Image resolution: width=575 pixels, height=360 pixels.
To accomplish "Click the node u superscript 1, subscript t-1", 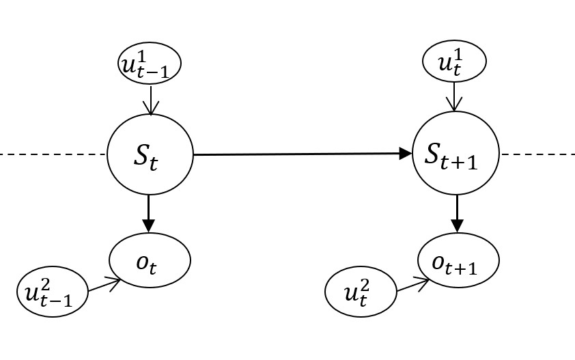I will [148, 64].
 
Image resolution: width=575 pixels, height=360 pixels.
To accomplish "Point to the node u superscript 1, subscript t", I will [454, 64].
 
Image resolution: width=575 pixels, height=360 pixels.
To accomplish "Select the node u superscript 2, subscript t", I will [361, 292].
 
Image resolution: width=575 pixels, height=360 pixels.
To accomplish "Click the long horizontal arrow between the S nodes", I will [300, 154].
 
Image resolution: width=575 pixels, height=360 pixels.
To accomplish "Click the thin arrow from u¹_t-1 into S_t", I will [150, 99].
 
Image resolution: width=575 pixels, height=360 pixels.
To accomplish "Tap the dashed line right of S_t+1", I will [537, 154].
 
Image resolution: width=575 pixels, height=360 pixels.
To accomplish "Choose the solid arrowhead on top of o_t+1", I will [458, 226].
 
